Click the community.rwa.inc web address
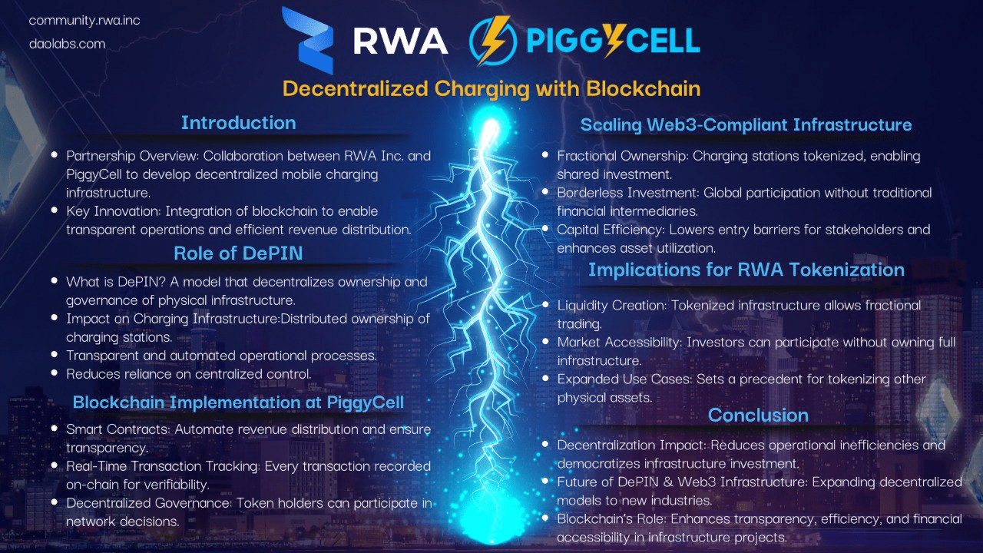click(x=84, y=21)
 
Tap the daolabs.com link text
click(x=67, y=44)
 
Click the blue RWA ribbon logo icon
click(x=307, y=40)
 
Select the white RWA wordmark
click(x=400, y=41)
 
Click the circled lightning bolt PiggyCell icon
click(x=493, y=41)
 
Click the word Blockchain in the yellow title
click(x=644, y=88)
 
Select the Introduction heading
click(x=238, y=122)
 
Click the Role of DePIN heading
click(x=238, y=253)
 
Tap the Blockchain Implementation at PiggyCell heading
click(x=238, y=402)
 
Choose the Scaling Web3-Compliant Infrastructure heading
click(x=746, y=124)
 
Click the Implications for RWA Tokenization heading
click(x=746, y=270)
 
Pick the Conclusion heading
click(x=758, y=416)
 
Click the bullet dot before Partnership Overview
click(x=55, y=154)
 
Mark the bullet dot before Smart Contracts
click(x=55, y=428)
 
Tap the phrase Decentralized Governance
click(x=149, y=503)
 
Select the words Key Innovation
click(x=113, y=211)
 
